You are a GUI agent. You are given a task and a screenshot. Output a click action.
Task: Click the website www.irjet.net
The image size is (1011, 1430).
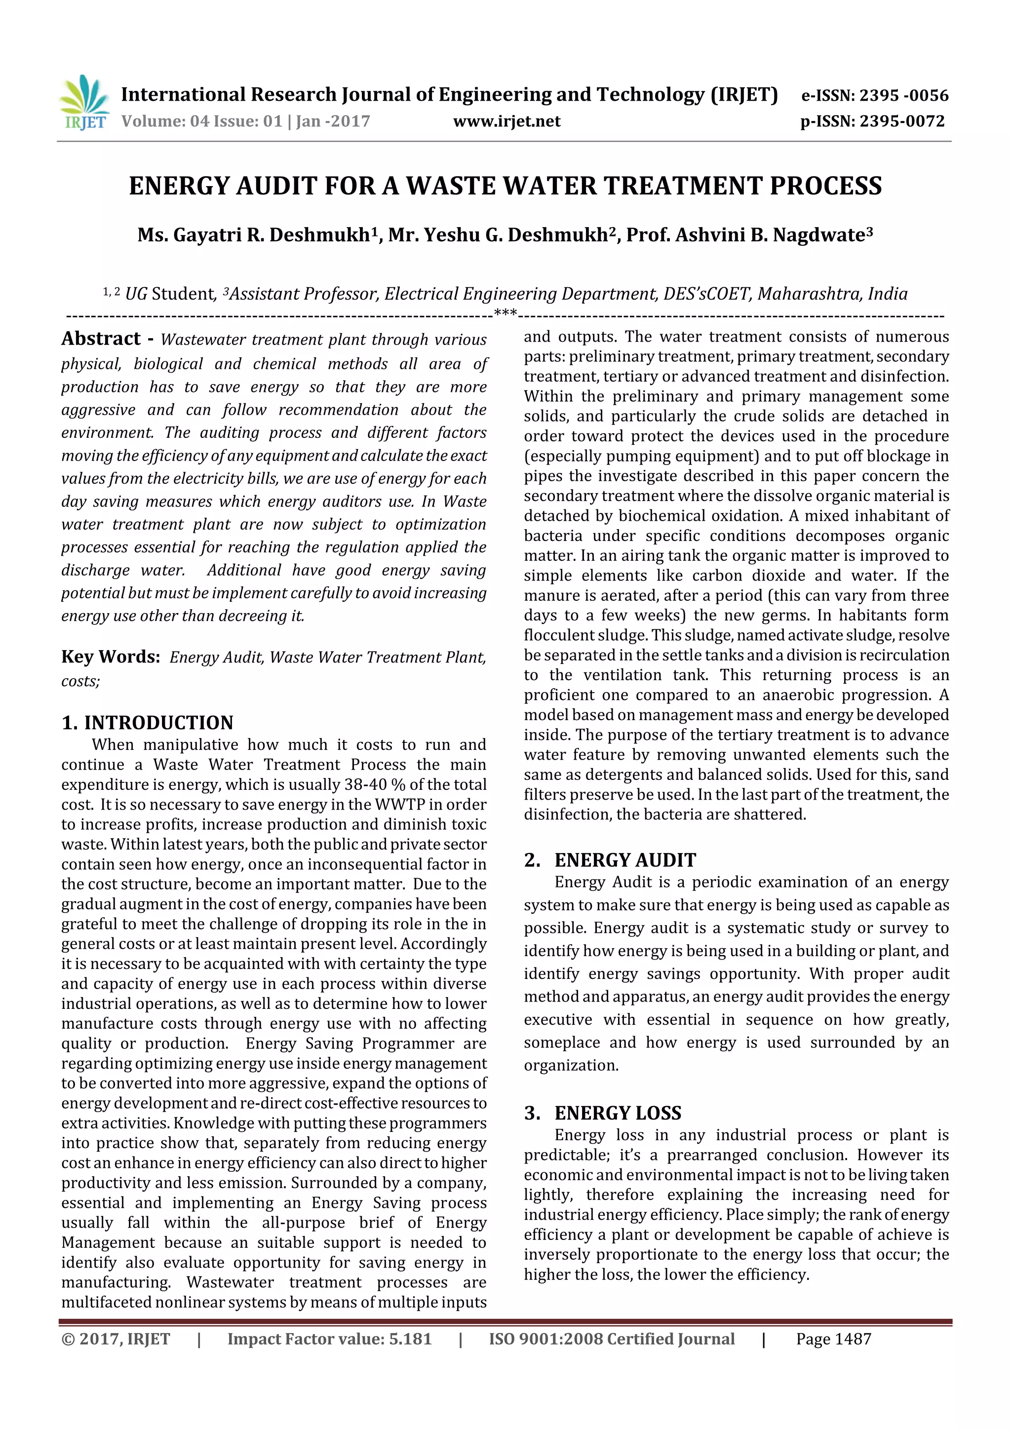506,121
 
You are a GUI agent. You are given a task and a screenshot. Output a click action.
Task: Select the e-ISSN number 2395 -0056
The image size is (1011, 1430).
903,95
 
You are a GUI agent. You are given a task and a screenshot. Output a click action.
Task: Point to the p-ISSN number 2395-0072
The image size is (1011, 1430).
902,121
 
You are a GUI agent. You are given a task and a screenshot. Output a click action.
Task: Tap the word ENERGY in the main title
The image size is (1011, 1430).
179,186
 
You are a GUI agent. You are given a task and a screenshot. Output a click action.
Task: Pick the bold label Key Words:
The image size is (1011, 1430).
110,657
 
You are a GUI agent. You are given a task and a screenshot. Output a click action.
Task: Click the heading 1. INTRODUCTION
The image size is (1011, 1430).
147,723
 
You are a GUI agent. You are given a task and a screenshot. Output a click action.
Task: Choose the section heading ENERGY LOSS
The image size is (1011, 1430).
618,1113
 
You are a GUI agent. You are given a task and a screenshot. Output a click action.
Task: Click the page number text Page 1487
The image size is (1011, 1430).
833,1339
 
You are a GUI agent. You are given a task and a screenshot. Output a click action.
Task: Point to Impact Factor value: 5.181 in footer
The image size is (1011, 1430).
329,1339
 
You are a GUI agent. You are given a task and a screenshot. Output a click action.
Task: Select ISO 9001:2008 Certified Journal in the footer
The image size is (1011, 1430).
611,1339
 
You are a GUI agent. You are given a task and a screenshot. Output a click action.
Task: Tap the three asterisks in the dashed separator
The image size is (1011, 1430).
505,313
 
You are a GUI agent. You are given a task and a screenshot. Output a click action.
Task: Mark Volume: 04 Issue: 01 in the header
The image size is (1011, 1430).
202,121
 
